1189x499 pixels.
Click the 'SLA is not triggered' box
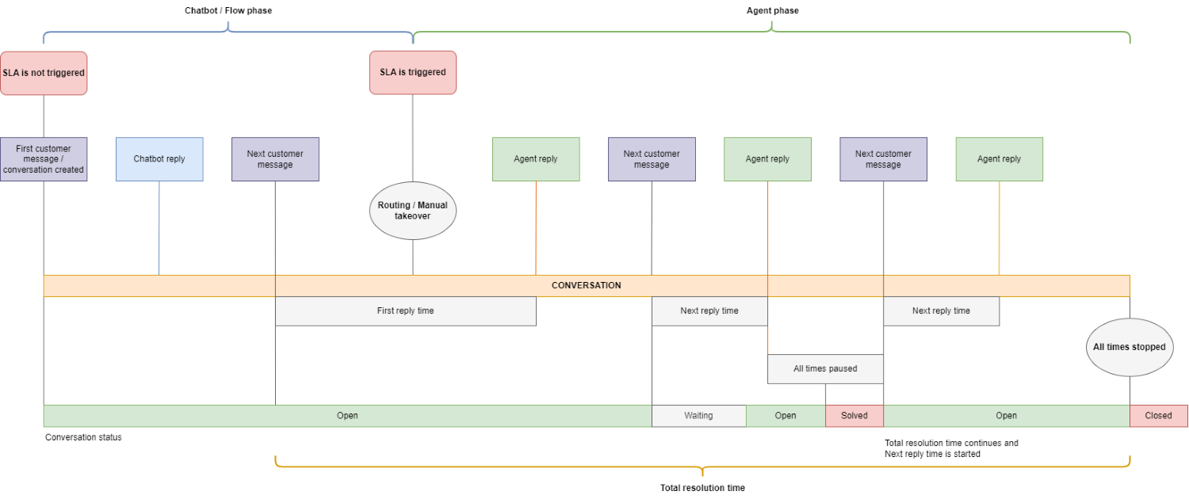(x=44, y=73)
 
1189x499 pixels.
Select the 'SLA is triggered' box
(x=413, y=73)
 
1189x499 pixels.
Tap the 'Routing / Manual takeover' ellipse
(x=413, y=211)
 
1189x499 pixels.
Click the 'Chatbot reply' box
(x=159, y=159)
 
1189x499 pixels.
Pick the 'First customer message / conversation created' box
(x=44, y=159)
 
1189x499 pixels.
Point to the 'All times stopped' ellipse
(x=1130, y=348)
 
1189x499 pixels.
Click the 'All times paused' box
(x=825, y=369)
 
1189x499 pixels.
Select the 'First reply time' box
(x=406, y=311)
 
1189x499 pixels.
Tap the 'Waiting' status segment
(x=698, y=416)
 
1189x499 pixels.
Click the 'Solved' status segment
(x=854, y=416)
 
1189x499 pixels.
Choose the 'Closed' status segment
(x=1159, y=416)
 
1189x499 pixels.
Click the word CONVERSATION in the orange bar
(x=586, y=285)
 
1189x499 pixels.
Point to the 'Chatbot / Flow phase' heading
(x=228, y=10)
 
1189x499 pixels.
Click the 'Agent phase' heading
(x=772, y=10)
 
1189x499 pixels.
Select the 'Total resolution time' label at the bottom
(x=702, y=488)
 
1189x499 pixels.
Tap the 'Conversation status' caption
(x=83, y=437)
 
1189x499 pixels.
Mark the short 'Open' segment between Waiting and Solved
(x=786, y=416)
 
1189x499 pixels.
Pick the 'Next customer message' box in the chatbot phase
(x=275, y=159)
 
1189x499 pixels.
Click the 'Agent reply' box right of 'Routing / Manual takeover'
(x=536, y=159)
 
